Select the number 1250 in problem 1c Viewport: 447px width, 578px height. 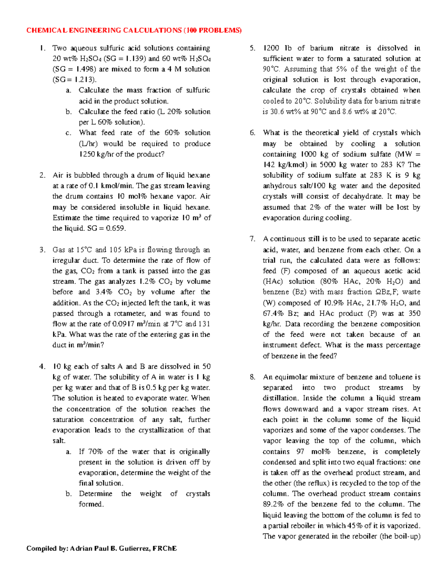point(87,154)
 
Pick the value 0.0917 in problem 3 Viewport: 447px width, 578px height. point(124,324)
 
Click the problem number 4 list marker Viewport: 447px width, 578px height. point(42,367)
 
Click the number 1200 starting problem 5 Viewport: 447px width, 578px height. point(271,48)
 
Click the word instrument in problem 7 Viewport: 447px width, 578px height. point(280,345)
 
